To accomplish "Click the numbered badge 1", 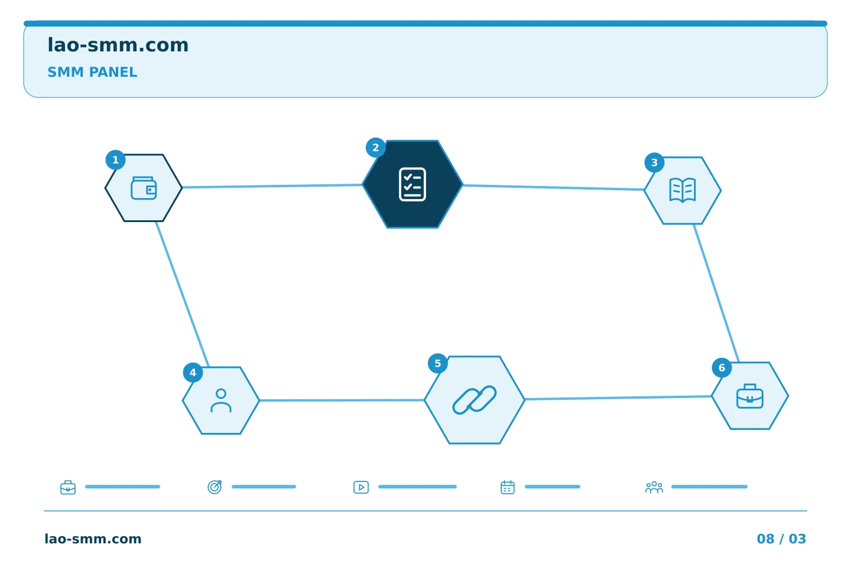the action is (x=115, y=160).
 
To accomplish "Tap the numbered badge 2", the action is (x=376, y=147).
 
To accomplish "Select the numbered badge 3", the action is (x=654, y=162).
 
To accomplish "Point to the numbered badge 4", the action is (x=193, y=373).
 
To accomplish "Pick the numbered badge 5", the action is (x=438, y=363).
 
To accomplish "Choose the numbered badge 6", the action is (x=722, y=367).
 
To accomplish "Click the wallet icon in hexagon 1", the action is (x=144, y=188).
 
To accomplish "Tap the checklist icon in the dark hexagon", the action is (x=412, y=184).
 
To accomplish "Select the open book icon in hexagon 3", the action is (x=683, y=190).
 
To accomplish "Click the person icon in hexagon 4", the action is (x=221, y=400).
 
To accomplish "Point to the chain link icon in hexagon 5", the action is (x=475, y=400).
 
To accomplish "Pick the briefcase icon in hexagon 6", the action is (x=750, y=396).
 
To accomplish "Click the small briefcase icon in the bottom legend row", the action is (x=68, y=487).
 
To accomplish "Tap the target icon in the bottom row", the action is (x=215, y=487).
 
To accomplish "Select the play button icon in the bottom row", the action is (x=361, y=487).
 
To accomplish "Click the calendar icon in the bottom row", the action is (x=508, y=487).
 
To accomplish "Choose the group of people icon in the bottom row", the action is (x=654, y=487).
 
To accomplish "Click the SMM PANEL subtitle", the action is (x=92, y=72).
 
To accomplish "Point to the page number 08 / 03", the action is (x=781, y=539).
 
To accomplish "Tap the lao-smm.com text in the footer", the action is (x=93, y=539).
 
